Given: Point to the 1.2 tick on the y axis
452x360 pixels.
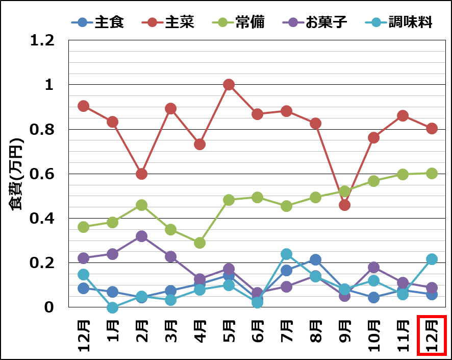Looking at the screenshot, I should pyautogui.click(x=42, y=40).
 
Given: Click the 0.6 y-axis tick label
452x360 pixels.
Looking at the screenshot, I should pyautogui.click(x=42, y=174).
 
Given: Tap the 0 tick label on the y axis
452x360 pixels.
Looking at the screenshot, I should pyautogui.click(x=49, y=307).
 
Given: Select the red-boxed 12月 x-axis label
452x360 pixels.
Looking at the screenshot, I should pyautogui.click(x=432, y=335).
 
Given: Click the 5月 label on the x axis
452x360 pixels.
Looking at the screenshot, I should pyautogui.click(x=229, y=332).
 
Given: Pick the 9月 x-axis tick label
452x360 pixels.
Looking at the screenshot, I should pyautogui.click(x=345, y=332).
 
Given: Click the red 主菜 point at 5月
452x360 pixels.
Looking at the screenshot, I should pyautogui.click(x=229, y=84).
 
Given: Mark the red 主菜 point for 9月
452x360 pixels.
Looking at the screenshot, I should pyautogui.click(x=344, y=205).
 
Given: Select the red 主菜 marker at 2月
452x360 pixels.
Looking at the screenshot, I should pyautogui.click(x=142, y=174).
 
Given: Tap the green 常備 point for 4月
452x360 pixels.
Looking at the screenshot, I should pyautogui.click(x=199, y=243).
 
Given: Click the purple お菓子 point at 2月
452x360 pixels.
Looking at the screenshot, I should pyautogui.click(x=142, y=236).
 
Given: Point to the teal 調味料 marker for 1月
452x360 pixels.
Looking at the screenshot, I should pyautogui.click(x=113, y=307).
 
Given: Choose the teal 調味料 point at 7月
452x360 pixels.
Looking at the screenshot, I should pyautogui.click(x=286, y=254).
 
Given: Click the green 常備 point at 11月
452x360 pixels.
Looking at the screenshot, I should pyautogui.click(x=403, y=174).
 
